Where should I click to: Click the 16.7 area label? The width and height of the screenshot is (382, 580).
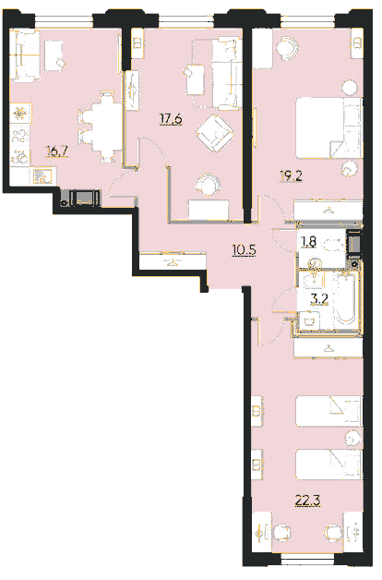coord(57,151)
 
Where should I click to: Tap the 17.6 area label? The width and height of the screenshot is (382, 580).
coord(171,119)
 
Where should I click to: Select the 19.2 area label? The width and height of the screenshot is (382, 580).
coord(291,175)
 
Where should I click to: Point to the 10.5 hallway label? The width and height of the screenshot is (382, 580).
coord(244,250)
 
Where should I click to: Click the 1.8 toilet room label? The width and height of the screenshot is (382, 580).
coord(309,242)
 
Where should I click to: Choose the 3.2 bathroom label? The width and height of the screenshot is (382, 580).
coord(319,298)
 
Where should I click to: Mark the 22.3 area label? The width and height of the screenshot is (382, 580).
coord(307,501)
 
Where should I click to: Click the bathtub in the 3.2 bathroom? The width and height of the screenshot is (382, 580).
coord(346,300)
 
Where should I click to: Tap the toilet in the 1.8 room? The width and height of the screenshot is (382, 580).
coord(335,244)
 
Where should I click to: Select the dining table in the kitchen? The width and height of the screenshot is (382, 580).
coord(107,127)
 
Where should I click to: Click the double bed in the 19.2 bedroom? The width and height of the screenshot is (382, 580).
coord(328,127)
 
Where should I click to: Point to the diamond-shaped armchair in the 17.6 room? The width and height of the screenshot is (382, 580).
coord(215,133)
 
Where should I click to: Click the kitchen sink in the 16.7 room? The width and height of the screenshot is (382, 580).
coord(43,176)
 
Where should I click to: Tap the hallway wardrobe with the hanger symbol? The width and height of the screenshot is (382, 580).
coord(173,260)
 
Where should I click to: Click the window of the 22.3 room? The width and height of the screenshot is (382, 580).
coord(307,560)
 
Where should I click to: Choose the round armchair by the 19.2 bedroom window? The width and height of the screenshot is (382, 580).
coord(287,48)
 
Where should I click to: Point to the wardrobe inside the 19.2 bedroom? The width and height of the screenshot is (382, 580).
coord(328,211)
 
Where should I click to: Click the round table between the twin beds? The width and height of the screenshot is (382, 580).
coord(352,438)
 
